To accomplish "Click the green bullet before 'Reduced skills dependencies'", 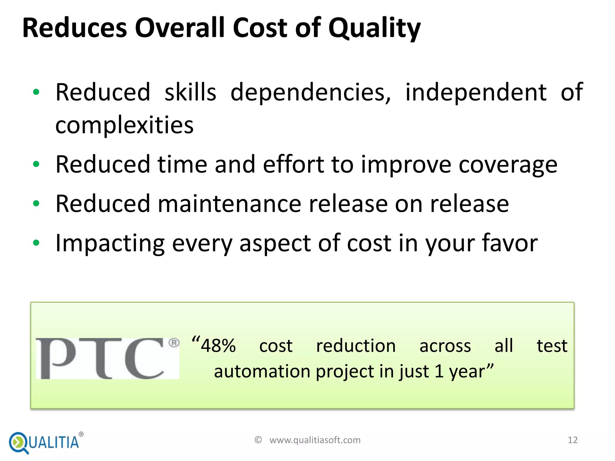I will [x=36, y=92].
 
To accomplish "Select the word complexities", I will [x=124, y=125].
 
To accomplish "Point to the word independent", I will [x=476, y=92].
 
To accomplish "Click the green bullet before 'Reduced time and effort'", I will [x=36, y=164].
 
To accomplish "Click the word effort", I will [x=293, y=164].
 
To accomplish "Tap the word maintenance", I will [x=229, y=204].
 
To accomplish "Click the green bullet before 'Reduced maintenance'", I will [x=36, y=204].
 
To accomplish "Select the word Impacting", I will [x=110, y=243].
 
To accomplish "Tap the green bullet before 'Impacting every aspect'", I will [x=36, y=243].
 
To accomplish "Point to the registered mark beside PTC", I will [x=174, y=343].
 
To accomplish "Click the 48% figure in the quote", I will [x=218, y=346].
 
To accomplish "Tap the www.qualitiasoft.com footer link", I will [x=315, y=440].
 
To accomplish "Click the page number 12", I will [x=572, y=440].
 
